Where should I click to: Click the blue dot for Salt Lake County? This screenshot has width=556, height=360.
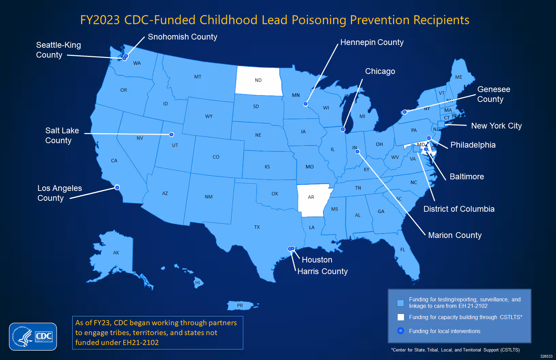pyautogui.click(x=171, y=134)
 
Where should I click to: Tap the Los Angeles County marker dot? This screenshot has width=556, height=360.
pyautogui.click(x=117, y=187)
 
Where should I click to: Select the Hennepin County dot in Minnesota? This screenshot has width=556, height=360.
pyautogui.click(x=306, y=104)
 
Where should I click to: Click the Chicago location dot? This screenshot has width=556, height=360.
pyautogui.click(x=343, y=129)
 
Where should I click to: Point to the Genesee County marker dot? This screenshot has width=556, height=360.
pyautogui.click(x=405, y=112)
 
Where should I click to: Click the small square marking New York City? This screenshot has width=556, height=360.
pyautogui.click(x=441, y=124)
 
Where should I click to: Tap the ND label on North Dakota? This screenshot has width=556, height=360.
pyautogui.click(x=258, y=80)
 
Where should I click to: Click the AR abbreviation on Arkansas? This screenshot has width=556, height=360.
pyautogui.click(x=311, y=197)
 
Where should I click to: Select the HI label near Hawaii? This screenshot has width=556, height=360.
pyautogui.click(x=198, y=283)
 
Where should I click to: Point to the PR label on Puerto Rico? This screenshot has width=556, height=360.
pyautogui.click(x=240, y=305)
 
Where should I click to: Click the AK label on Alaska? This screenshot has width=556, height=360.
pyautogui.click(x=116, y=253)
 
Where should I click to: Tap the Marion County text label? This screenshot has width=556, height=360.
pyautogui.click(x=455, y=235)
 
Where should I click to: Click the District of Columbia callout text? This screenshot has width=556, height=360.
pyautogui.click(x=459, y=209)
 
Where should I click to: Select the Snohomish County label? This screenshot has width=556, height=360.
pyautogui.click(x=182, y=37)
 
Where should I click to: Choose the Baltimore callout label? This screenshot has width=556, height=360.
pyautogui.click(x=467, y=177)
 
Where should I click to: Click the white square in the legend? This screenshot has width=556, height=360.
pyautogui.click(x=401, y=317)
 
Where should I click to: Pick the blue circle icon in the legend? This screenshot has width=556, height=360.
pyautogui.click(x=401, y=331)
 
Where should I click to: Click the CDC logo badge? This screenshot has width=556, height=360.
pyautogui.click(x=33, y=336)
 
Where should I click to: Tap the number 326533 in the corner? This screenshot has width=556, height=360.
pyautogui.click(x=546, y=356)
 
